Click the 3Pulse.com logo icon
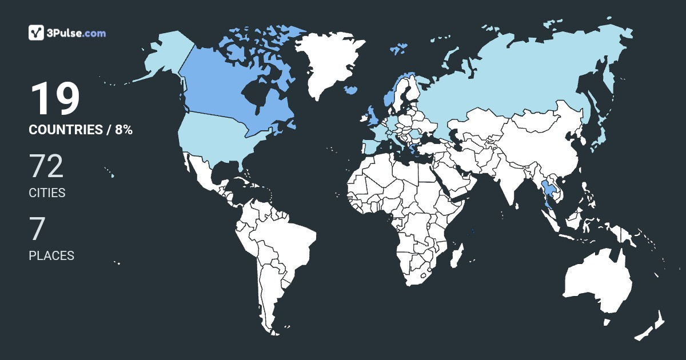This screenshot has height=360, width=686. [37, 33]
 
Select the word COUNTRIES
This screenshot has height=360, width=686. [65, 130]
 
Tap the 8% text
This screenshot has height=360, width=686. [123, 130]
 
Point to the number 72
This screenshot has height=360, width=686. [46, 167]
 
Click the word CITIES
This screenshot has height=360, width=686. [47, 193]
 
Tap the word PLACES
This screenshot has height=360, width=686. [51, 256]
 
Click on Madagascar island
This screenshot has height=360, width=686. [456, 255]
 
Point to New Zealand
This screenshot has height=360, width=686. [652, 326]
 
